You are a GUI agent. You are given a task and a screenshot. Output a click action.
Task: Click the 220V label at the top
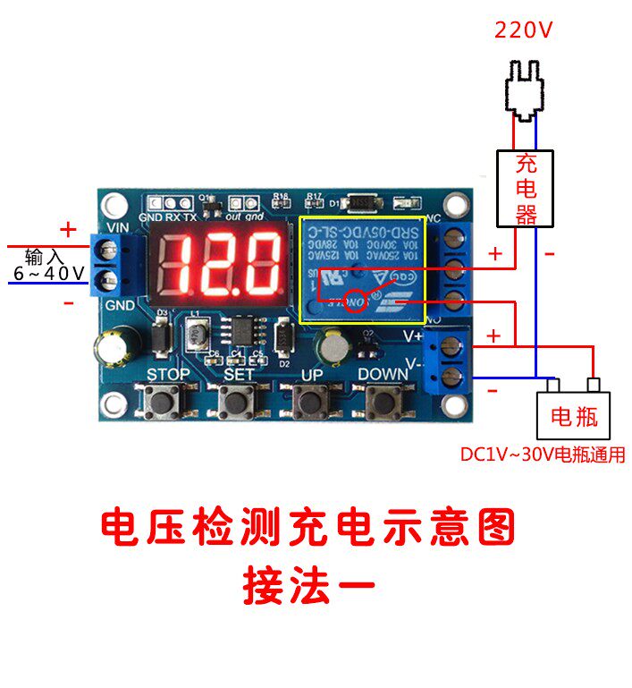[x=524, y=30]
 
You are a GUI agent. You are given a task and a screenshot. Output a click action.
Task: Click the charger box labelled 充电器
[x=526, y=188]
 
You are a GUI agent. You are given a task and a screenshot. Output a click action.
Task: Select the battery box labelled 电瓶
[x=573, y=414]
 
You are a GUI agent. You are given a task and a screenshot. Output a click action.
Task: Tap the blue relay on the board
[x=361, y=268]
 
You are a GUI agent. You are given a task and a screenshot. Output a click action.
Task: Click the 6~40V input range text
[x=49, y=273]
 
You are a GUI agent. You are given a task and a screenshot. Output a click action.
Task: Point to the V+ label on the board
[x=413, y=336]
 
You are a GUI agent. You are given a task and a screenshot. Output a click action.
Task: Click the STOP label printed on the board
[x=168, y=374]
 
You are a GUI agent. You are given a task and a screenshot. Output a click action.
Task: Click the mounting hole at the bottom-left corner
[x=114, y=403]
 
